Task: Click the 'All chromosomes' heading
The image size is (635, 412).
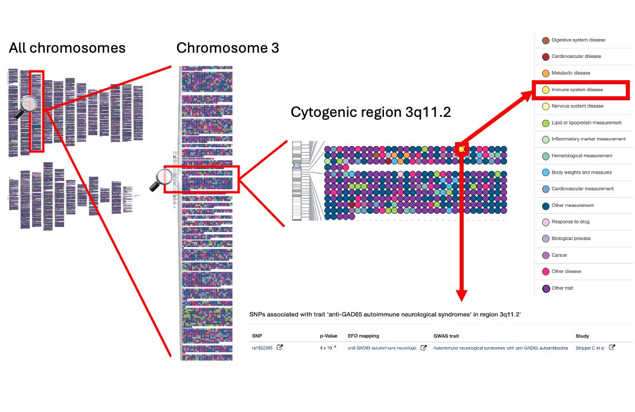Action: tap(67, 48)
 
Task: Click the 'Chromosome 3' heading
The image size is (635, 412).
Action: tap(228, 48)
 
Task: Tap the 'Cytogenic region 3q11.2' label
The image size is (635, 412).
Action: tap(371, 112)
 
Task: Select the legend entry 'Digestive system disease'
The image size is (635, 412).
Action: tap(578, 40)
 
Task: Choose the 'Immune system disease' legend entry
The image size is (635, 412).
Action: tap(577, 89)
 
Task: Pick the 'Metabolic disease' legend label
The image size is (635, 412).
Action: tap(570, 73)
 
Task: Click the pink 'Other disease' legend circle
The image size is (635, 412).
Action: tap(546, 272)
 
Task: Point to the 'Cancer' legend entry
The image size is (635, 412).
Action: tap(559, 255)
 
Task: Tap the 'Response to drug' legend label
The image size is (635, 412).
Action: tap(570, 222)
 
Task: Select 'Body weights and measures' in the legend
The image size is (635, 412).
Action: tap(581, 172)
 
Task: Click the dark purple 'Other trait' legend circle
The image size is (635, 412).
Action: tap(546, 288)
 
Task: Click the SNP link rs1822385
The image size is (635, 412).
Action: tap(262, 348)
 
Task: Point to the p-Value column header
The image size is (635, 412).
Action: tap(329, 336)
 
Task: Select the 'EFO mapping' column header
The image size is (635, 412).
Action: tap(363, 336)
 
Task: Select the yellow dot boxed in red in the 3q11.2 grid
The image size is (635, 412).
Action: tap(462, 150)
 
